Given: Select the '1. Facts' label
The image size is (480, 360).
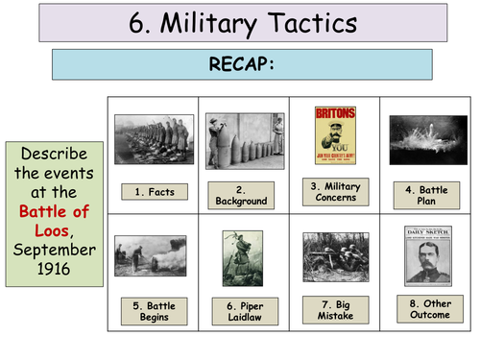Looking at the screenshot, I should [155, 192].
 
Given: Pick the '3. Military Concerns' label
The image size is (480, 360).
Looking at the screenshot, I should [336, 190].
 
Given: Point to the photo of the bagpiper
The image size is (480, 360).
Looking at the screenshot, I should [244, 258].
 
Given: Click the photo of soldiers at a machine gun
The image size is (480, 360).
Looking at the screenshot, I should [336, 256].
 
